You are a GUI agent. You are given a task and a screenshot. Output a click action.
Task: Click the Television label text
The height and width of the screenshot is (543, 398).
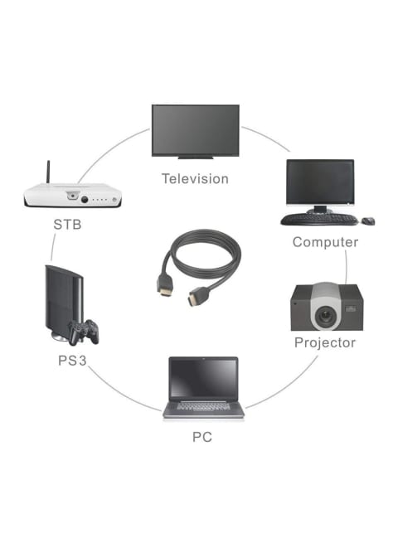195,179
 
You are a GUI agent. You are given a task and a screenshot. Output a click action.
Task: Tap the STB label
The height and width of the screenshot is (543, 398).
67,225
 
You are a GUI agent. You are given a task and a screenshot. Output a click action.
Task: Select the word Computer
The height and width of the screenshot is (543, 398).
325,242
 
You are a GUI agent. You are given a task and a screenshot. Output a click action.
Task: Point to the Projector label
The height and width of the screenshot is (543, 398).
325,342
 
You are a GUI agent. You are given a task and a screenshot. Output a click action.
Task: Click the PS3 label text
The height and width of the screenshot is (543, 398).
72,361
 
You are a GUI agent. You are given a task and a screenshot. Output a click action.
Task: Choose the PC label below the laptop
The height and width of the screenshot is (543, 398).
202,437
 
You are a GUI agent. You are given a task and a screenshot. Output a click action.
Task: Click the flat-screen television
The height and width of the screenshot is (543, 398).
196,131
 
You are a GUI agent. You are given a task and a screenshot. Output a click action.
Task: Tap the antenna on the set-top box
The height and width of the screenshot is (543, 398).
48,172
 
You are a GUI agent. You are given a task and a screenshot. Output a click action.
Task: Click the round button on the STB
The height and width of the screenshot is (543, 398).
85,200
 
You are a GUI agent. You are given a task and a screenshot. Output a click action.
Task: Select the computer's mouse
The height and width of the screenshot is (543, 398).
368,221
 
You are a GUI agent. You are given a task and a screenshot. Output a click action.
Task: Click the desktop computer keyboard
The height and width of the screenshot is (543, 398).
319,219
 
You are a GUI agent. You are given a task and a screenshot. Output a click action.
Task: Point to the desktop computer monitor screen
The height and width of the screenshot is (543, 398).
320,182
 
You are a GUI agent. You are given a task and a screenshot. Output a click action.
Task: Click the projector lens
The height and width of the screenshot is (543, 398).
325,315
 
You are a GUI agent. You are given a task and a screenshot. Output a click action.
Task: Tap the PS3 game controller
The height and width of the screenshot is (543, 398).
84,332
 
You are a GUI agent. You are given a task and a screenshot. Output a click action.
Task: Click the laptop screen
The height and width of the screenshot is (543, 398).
203,378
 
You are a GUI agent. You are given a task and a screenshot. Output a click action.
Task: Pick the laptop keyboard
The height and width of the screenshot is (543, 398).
203,405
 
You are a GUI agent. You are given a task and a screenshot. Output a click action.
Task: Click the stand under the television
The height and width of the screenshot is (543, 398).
196,158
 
